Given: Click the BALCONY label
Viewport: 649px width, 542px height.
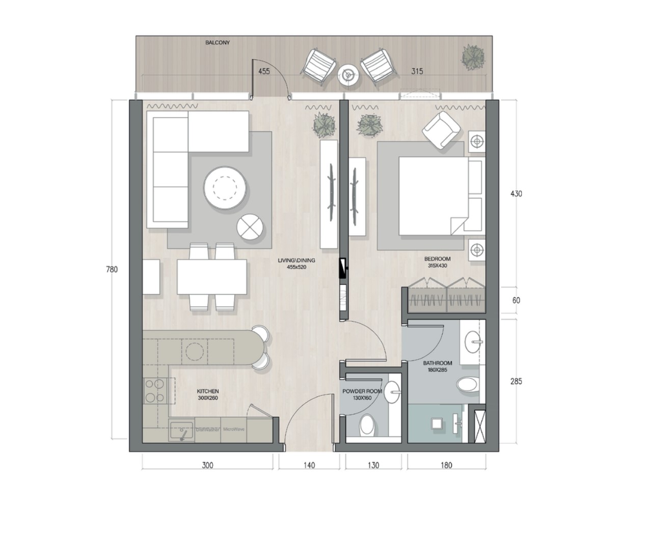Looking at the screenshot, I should pos(218,43).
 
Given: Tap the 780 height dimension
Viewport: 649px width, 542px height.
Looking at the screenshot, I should pos(112,270).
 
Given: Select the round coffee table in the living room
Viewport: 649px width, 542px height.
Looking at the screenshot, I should pos(226,189).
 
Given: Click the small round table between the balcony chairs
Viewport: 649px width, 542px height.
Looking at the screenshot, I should pos(348,75).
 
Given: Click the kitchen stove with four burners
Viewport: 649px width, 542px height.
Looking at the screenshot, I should pos(154,391).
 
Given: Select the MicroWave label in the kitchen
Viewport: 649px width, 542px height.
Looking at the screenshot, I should pos(234,430).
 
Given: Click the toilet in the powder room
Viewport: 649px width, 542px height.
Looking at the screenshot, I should pos(367,425).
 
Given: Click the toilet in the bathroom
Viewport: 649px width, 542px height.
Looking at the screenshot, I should pos(468,384).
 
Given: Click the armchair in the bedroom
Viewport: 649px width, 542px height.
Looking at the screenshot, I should pos(441,130).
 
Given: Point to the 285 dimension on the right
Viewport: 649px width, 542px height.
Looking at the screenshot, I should pos(516,381).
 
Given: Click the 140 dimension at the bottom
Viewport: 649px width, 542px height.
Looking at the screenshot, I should pos(309,465).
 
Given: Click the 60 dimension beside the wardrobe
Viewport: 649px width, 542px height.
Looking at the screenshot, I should pos(516,301).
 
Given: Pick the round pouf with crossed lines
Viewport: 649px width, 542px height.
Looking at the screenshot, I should pos(251,227).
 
